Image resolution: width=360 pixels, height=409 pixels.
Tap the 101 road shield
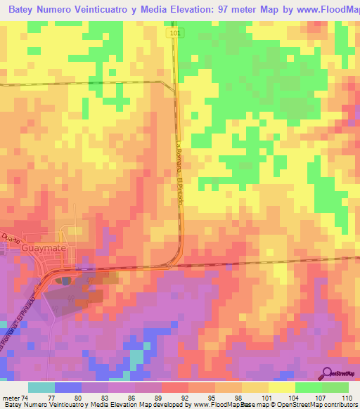point(174,33)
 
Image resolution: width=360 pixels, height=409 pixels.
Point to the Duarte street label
point(11,238)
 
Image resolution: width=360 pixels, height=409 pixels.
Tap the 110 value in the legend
point(345,398)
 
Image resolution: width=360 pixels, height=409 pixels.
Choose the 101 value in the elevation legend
point(267,398)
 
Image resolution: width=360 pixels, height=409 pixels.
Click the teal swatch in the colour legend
point(41,387)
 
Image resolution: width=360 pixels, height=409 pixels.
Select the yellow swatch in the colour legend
point(281,387)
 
